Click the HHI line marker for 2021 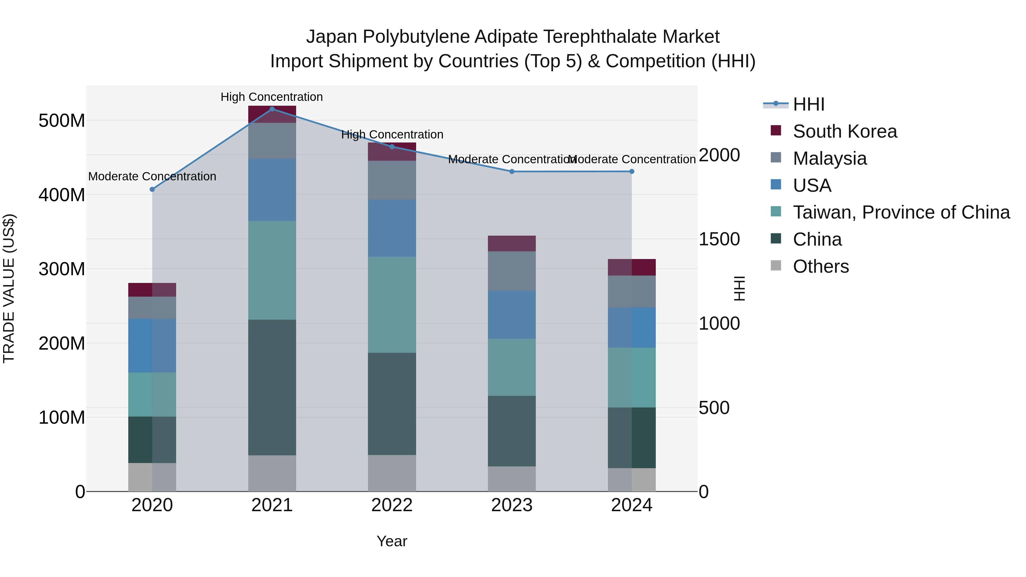(272, 109)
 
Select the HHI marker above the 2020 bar (152, 189)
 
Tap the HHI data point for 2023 (512, 172)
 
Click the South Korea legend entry (844, 131)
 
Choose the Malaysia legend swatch (776, 157)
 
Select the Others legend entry (821, 266)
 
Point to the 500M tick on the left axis (62, 121)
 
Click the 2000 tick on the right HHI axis (719, 155)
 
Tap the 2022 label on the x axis (392, 505)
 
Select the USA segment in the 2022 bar (392, 228)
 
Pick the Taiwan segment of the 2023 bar (512, 367)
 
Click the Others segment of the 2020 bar (152, 477)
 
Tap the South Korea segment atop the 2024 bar (632, 267)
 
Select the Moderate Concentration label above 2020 (152, 176)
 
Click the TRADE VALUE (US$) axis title (9, 288)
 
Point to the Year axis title (392, 541)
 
